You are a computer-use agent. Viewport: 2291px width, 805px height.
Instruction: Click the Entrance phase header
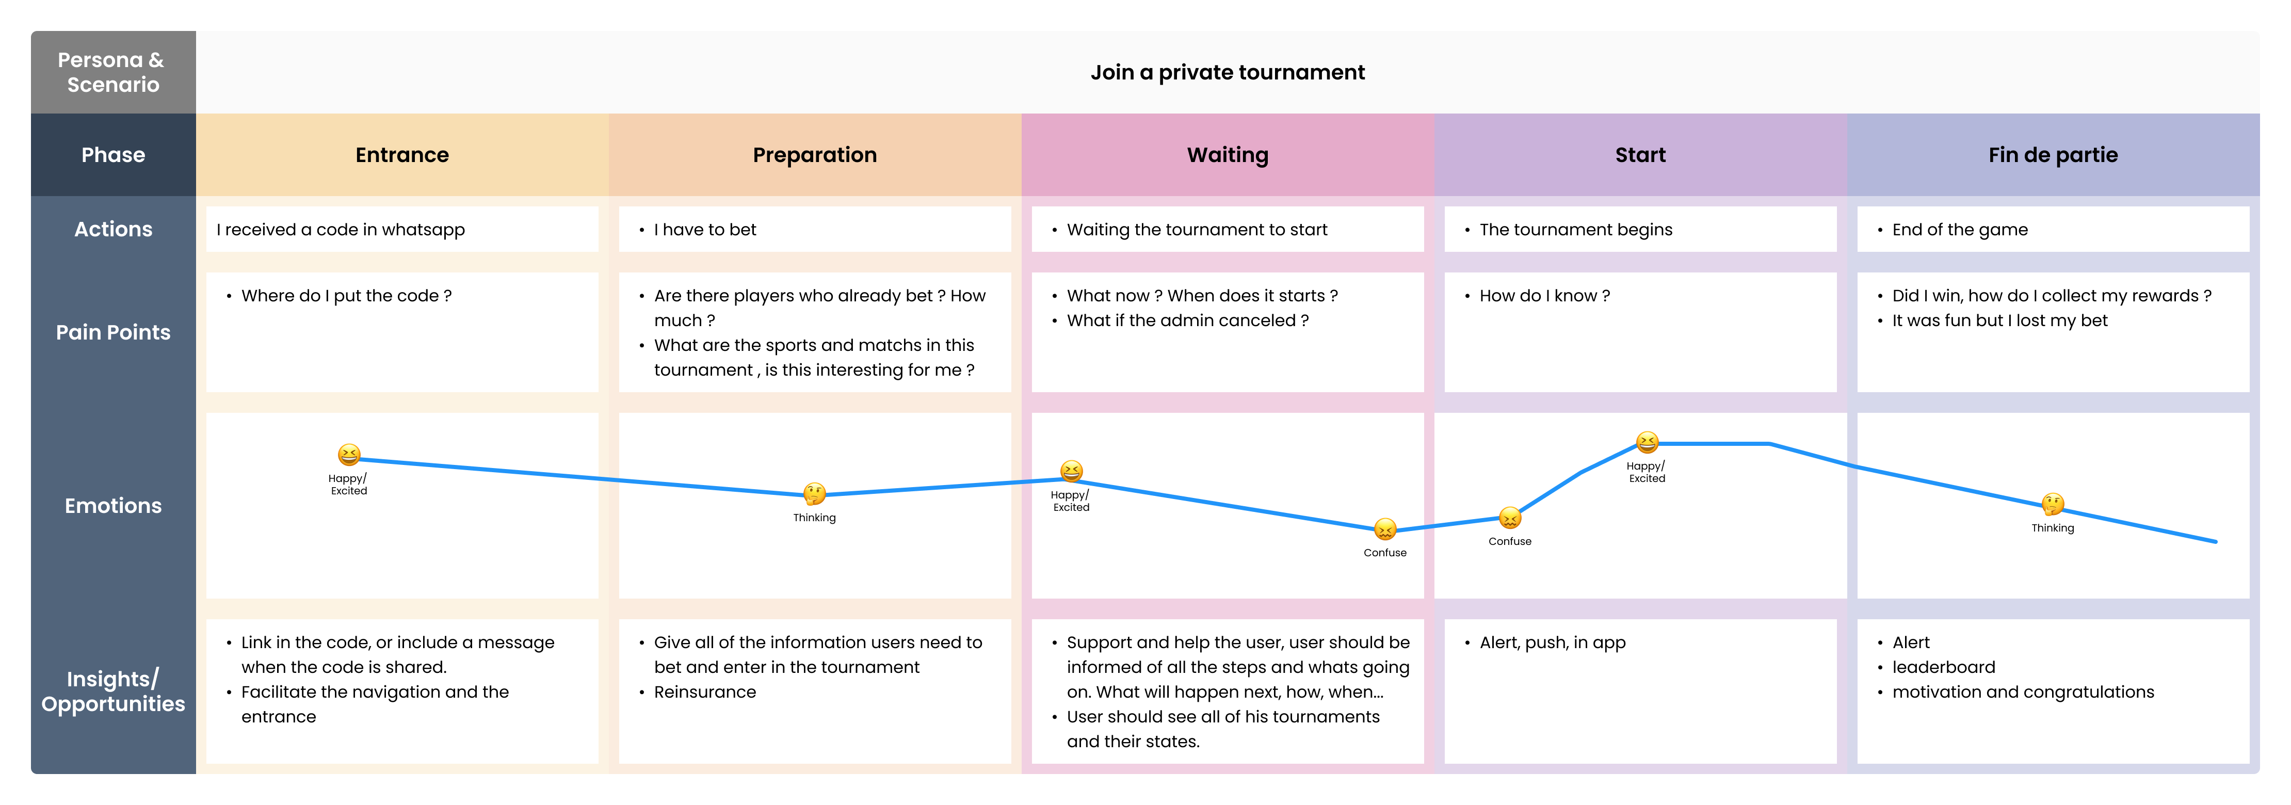click(402, 155)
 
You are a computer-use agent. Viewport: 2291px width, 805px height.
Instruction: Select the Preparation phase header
click(815, 155)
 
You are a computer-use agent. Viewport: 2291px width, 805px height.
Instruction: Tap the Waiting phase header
click(1228, 155)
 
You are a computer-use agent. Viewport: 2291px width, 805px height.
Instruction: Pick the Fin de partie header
click(2053, 155)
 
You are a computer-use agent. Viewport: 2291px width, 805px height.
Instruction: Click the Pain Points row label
click(113, 332)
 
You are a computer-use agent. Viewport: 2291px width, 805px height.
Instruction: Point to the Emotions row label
click(113, 505)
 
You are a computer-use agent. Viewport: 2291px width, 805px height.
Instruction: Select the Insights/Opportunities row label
click(113, 691)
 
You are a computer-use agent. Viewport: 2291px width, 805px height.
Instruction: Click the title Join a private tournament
click(1228, 72)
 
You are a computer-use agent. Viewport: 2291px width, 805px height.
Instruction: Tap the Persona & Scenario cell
click(113, 72)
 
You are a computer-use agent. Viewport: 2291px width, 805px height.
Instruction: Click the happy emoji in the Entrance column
click(349, 455)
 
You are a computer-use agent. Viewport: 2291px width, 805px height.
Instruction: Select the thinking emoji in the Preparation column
click(815, 494)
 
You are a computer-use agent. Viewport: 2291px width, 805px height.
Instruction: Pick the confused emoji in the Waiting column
click(1385, 529)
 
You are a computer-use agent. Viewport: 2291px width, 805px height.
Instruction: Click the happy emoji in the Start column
click(1647, 442)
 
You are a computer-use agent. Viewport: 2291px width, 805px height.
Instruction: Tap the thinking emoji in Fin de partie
click(2053, 504)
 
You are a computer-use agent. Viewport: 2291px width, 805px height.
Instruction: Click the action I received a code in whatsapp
click(341, 230)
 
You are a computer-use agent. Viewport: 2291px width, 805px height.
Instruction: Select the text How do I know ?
click(1545, 295)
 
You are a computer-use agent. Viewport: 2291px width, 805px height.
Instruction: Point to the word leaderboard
click(1943, 667)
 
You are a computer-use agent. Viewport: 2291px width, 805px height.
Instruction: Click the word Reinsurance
click(704, 692)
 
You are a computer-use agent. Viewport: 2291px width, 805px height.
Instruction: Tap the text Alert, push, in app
click(1552, 642)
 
